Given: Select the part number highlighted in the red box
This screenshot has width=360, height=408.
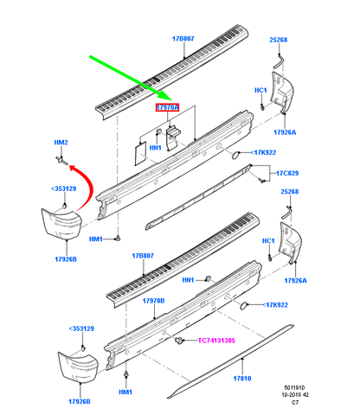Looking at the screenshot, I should (x=167, y=107).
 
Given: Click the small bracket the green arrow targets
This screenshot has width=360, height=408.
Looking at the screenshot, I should (x=173, y=135).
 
